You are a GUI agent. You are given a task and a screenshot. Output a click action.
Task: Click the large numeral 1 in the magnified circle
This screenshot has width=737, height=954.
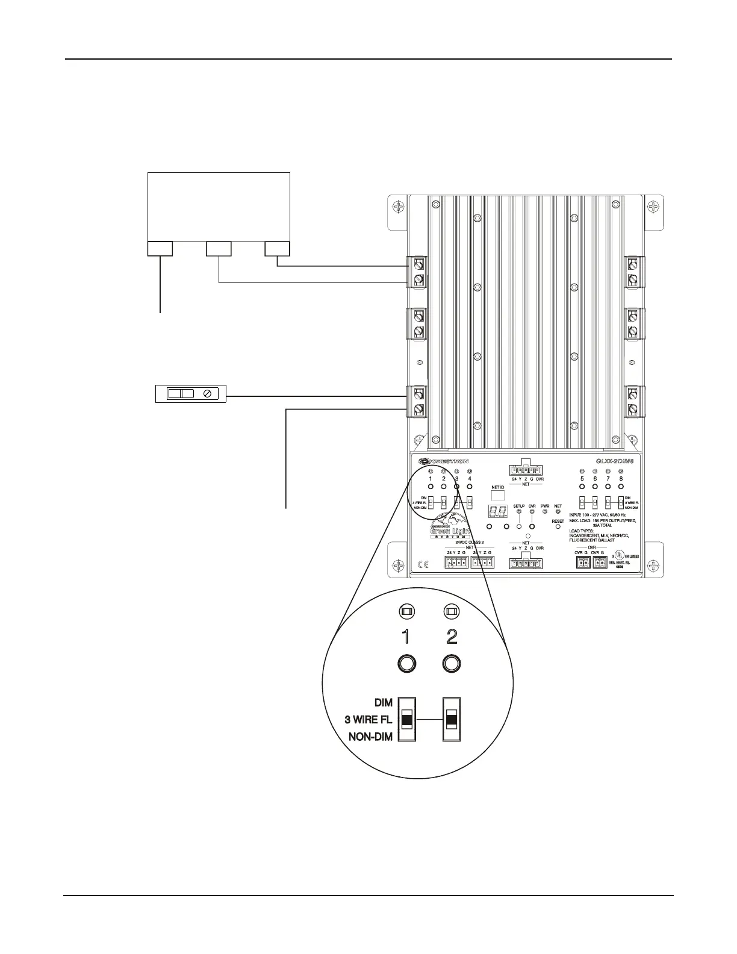(x=407, y=636)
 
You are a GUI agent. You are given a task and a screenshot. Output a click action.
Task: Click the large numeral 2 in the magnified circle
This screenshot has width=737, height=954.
(x=452, y=636)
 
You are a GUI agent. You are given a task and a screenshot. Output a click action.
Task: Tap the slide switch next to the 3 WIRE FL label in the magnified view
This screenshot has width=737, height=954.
(x=408, y=720)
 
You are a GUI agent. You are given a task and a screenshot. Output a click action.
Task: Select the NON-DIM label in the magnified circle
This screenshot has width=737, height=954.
(x=370, y=737)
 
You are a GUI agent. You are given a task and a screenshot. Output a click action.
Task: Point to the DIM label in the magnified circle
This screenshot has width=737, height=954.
(x=383, y=703)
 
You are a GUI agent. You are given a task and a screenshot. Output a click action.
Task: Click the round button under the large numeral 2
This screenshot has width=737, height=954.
(x=452, y=664)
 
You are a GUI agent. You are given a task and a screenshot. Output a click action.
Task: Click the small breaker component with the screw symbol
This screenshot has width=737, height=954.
(x=190, y=393)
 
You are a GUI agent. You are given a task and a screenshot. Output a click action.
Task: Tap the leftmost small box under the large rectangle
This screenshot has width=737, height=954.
(x=160, y=248)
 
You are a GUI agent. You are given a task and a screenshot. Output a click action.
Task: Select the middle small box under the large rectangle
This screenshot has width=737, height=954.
(x=219, y=248)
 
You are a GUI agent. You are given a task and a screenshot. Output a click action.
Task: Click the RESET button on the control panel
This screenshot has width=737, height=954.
(x=558, y=526)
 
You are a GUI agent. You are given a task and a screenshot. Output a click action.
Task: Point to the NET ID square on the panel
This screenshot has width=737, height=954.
(x=498, y=495)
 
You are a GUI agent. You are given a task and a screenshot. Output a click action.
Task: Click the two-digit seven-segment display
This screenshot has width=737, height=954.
(x=497, y=513)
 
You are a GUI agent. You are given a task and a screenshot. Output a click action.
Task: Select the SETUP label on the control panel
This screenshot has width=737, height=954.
(x=519, y=506)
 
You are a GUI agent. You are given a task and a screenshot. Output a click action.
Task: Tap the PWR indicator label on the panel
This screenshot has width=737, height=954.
(x=545, y=506)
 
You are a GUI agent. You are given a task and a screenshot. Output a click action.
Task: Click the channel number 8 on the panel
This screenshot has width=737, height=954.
(x=621, y=478)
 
